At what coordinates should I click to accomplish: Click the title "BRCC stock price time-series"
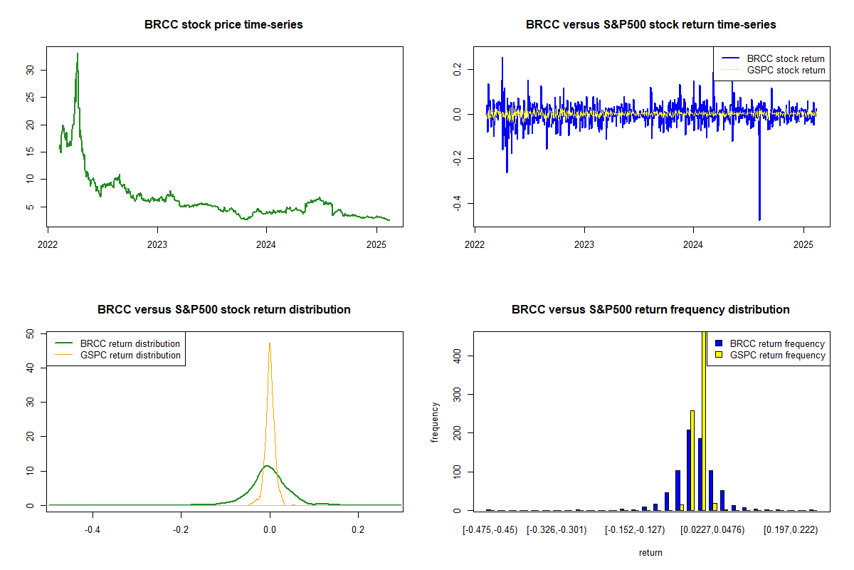[x=223, y=25]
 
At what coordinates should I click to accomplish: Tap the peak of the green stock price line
[x=78, y=53]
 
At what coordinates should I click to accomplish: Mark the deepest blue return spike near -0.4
[x=759, y=219]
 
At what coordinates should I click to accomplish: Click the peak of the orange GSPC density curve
[x=270, y=343]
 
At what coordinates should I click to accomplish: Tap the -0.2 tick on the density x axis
[x=181, y=529]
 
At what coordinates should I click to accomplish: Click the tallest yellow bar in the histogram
[x=704, y=420]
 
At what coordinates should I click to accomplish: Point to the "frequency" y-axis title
[x=435, y=423]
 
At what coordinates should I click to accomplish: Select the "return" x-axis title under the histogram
[x=650, y=552]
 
